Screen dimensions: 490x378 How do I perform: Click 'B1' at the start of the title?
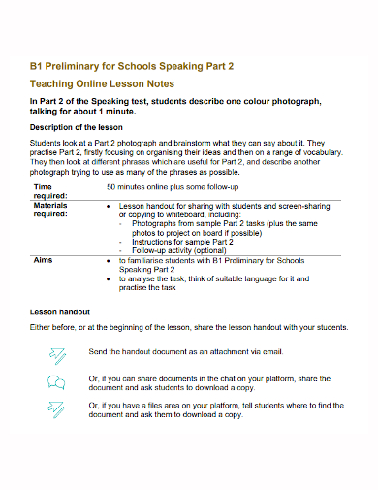[37, 66]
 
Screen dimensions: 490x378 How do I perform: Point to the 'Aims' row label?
[44, 261]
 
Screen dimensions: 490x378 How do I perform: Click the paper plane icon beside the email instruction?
[55, 355]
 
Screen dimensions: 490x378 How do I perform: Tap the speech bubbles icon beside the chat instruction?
[55, 381]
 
